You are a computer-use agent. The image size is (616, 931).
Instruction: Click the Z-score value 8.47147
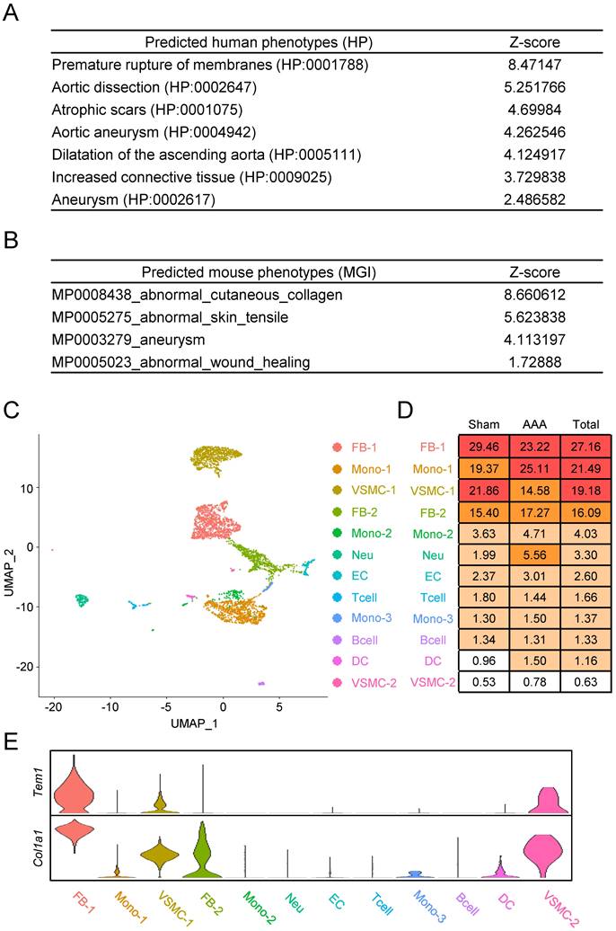pyautogui.click(x=532, y=66)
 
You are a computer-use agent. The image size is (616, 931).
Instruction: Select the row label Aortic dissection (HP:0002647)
pyautogui.click(x=151, y=88)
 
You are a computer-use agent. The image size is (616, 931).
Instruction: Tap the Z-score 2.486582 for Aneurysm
pyautogui.click(x=532, y=199)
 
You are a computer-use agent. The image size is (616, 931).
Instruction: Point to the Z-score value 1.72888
pyautogui.click(x=532, y=361)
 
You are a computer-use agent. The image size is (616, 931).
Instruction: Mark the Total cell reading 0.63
pyautogui.click(x=585, y=681)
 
